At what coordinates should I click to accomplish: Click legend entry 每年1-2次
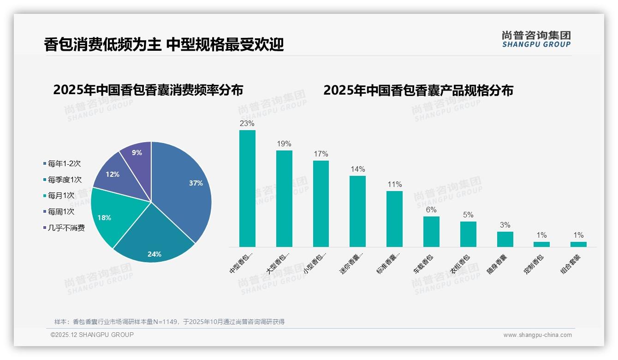(x=64, y=163)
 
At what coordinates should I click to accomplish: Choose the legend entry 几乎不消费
(x=66, y=228)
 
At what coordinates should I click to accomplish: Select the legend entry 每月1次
(x=61, y=196)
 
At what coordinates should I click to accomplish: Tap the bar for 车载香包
(x=431, y=232)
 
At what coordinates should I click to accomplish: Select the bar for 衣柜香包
(x=468, y=234)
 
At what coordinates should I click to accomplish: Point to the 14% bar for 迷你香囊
(x=357, y=211)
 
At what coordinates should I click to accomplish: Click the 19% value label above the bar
(x=284, y=144)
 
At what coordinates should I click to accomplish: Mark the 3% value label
(x=505, y=225)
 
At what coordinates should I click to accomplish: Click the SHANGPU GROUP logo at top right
(x=536, y=39)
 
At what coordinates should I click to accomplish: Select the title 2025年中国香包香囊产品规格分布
(x=418, y=90)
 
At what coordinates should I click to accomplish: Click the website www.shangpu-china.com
(x=537, y=335)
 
